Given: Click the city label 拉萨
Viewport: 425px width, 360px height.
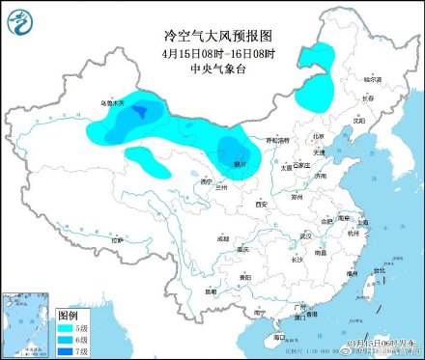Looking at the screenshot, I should (x=117, y=238).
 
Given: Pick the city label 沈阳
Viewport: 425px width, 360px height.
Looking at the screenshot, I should (x=358, y=122).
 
